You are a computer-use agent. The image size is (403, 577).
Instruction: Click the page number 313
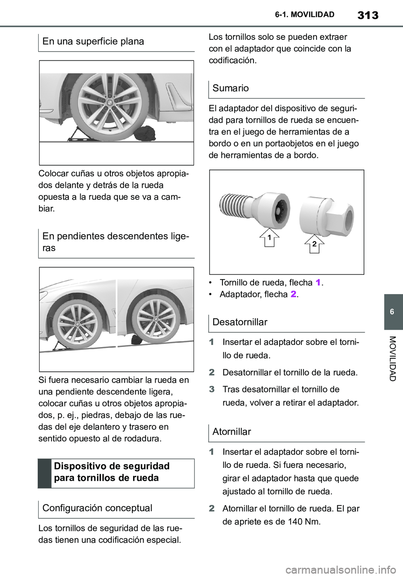[x=368, y=15]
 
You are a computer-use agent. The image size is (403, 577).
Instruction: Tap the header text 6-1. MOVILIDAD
[x=305, y=15]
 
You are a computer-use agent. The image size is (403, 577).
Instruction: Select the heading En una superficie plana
[x=93, y=41]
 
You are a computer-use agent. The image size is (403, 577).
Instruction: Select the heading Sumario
[x=230, y=88]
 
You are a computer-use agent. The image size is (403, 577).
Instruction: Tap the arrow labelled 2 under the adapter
[x=314, y=244]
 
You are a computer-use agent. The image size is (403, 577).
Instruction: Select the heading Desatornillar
[x=240, y=322]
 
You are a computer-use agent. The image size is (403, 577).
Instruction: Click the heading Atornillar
[x=232, y=432]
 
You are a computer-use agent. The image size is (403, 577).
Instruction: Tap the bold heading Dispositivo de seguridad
[x=112, y=466]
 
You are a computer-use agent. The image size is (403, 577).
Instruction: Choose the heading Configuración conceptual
[x=97, y=508]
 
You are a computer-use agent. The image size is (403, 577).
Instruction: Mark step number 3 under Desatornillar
[x=212, y=389]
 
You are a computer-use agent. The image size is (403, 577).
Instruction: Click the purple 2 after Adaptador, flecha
[x=293, y=294]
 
